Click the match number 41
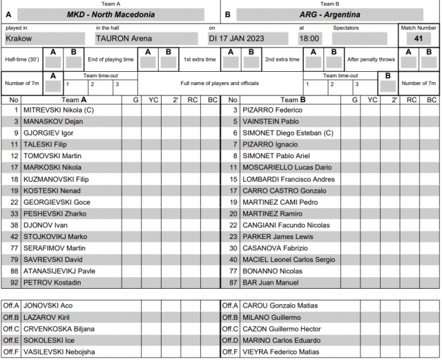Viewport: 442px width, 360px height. [x=419, y=39]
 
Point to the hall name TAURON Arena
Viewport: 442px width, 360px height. [x=124, y=39]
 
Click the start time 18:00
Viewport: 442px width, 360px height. [x=309, y=39]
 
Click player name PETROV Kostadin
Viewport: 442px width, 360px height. [x=52, y=283]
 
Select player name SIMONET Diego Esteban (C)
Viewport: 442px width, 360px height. [x=287, y=133]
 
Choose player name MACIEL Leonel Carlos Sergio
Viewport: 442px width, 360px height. [x=293, y=260]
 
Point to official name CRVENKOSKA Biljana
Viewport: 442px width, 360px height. [x=59, y=329]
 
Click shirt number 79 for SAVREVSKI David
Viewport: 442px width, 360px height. [x=14, y=260]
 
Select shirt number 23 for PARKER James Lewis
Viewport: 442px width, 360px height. [x=233, y=237]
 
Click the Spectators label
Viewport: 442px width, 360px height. [x=346, y=28]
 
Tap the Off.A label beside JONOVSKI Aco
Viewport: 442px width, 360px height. [x=11, y=305]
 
